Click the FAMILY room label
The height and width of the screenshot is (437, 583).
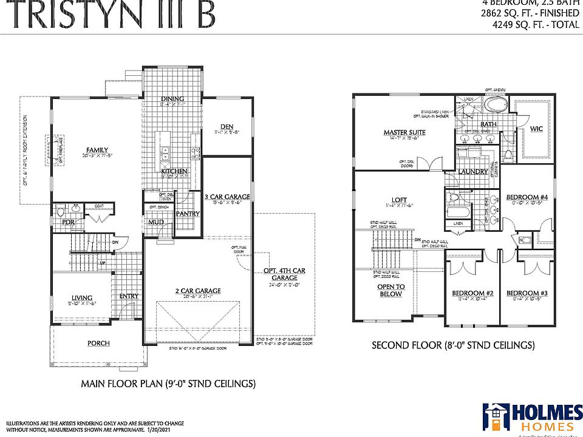[97, 150]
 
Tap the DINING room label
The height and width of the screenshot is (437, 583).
[172, 99]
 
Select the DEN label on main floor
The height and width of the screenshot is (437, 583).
[227, 126]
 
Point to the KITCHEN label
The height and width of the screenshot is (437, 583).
[174, 172]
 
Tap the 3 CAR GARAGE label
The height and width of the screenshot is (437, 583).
[227, 197]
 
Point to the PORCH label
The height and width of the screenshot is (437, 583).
[98, 344]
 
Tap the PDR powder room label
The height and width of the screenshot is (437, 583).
[68, 222]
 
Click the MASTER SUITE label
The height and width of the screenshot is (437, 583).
[404, 132]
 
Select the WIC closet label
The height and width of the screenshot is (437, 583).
[536, 129]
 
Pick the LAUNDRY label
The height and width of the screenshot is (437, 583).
[474, 172]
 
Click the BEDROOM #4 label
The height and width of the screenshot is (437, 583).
[523, 197]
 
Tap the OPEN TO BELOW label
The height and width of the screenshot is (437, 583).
[391, 290]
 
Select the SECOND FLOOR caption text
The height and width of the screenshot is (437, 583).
[453, 345]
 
